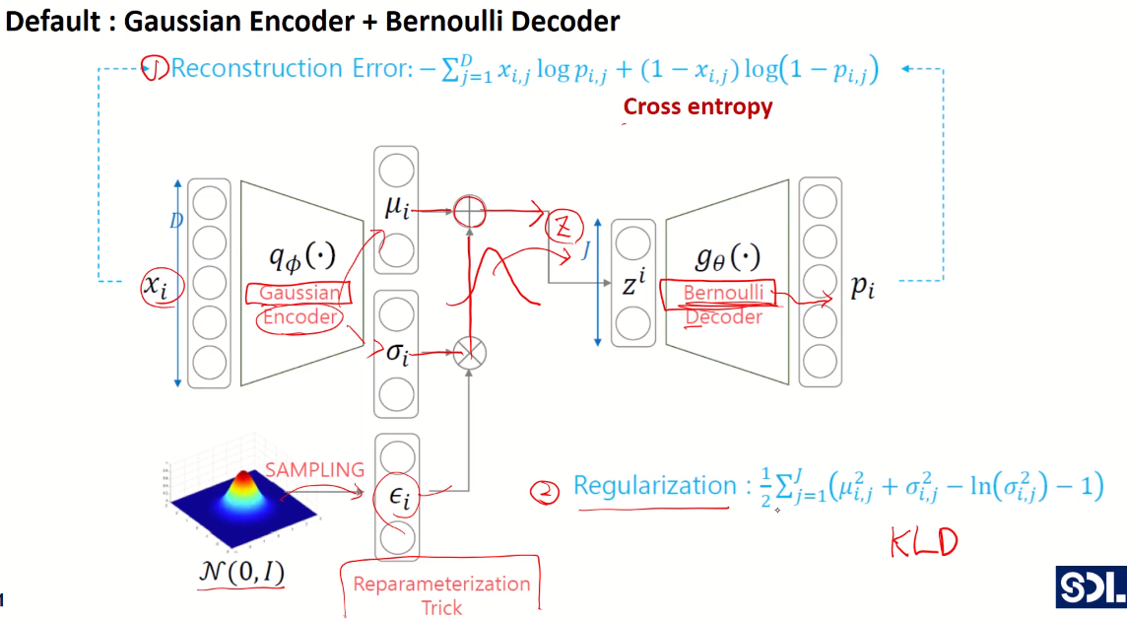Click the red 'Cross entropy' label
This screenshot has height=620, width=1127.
coord(697,106)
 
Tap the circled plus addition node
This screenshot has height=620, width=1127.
coord(469,212)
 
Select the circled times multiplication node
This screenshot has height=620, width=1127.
coord(469,353)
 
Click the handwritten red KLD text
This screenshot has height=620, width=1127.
coord(924,542)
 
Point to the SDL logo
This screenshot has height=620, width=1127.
coord(1091,586)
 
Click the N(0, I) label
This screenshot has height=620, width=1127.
coord(241,572)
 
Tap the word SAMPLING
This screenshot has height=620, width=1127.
coord(315,469)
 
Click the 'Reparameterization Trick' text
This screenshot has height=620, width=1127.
coord(441,595)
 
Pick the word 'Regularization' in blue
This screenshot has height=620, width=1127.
coord(655,486)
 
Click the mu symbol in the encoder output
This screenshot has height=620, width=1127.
coord(397,208)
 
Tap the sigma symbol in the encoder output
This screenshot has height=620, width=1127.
coord(397,353)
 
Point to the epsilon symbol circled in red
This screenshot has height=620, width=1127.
coord(400,496)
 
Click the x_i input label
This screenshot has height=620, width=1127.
coord(156,286)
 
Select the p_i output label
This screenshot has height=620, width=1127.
coord(863,287)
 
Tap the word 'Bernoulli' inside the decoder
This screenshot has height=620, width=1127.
coord(723,293)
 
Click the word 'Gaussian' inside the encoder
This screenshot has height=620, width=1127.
coord(300,293)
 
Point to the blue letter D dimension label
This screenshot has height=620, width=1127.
coord(176,220)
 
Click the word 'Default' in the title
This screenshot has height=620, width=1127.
coord(52,22)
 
